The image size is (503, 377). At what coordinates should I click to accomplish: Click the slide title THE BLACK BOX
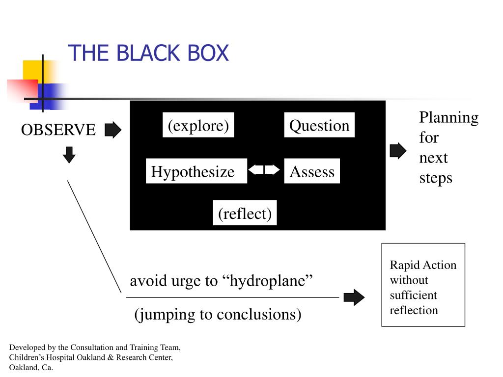tap(148, 53)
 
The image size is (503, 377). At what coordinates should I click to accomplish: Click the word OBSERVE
tap(58, 130)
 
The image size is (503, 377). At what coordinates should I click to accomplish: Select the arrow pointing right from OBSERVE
tap(113, 130)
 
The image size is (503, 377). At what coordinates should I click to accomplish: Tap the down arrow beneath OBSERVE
tap(69, 155)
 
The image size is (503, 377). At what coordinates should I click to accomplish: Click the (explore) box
tap(198, 125)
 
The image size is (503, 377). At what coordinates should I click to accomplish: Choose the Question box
tap(319, 125)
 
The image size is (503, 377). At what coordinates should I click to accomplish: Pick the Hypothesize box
tap(196, 171)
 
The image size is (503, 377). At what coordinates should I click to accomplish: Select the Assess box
tap(312, 171)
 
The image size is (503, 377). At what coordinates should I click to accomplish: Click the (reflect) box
tap(245, 213)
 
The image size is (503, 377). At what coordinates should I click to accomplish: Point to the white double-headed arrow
tap(264, 169)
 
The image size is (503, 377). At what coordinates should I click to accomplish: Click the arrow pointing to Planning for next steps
tap(398, 151)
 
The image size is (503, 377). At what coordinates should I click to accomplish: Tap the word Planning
tap(449, 118)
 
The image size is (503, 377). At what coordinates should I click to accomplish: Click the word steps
tap(436, 178)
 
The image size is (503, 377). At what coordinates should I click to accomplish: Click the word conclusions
tap(259, 314)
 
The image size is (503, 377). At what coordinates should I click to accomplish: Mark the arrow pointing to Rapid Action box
tap(354, 297)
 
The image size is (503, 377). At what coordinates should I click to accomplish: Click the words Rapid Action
tap(423, 265)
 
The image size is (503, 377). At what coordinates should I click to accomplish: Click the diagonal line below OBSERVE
tap(94, 237)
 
